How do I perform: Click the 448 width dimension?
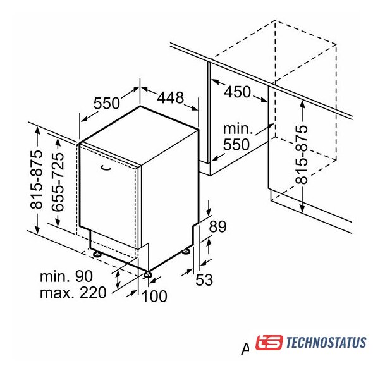click(x=171, y=97)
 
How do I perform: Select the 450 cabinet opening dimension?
click(x=238, y=92)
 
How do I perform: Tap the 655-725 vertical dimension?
click(x=58, y=182)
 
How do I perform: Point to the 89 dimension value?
click(x=217, y=227)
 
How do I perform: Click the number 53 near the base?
click(x=204, y=279)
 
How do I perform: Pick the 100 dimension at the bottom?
click(x=154, y=296)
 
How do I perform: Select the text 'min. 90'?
click(x=66, y=276)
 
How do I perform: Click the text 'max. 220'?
click(x=73, y=292)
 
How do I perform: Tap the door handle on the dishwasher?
click(x=106, y=168)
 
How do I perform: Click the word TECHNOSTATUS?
click(x=326, y=343)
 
